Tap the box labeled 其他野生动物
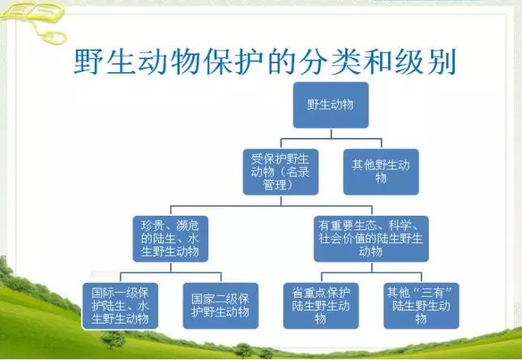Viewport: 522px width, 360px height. (x=381, y=170)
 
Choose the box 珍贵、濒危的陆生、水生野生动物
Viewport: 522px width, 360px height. (x=170, y=238)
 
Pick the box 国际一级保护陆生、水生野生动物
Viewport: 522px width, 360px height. (x=121, y=305)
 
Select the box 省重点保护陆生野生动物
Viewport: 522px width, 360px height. (x=320, y=305)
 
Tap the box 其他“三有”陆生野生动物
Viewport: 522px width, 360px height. (x=421, y=305)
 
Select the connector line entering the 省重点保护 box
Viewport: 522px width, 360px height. (x=320, y=276)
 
